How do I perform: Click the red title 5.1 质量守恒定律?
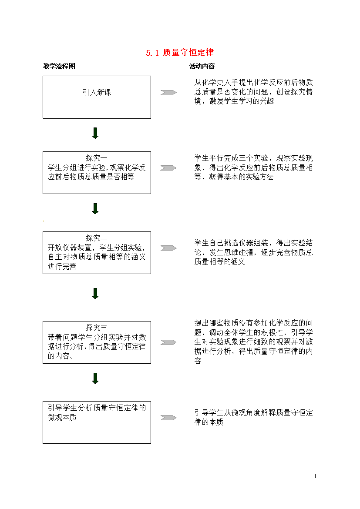pos(180,53)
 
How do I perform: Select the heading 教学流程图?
pos(59,66)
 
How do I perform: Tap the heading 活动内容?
pos(202,66)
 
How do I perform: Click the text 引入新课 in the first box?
pos(97,93)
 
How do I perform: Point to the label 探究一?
pos(97,158)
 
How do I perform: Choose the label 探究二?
pos(97,238)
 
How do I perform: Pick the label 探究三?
pos(97,328)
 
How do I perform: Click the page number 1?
pos(315,476)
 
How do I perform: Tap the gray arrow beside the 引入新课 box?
pos(168,93)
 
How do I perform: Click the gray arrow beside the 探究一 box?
pos(168,168)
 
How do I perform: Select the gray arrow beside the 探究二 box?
pos(168,248)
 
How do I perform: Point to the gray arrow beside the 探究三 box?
pos(168,342)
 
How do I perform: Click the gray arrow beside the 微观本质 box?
pos(168,418)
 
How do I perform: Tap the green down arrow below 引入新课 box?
pos(95,133)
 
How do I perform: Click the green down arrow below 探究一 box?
pos(95,209)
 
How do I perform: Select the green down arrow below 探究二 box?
pos(95,293)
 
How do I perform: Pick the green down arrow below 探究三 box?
pos(95,378)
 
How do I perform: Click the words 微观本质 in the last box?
pos(62,418)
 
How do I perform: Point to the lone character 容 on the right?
pos(198,361)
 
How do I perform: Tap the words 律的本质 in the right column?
pos(209,422)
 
